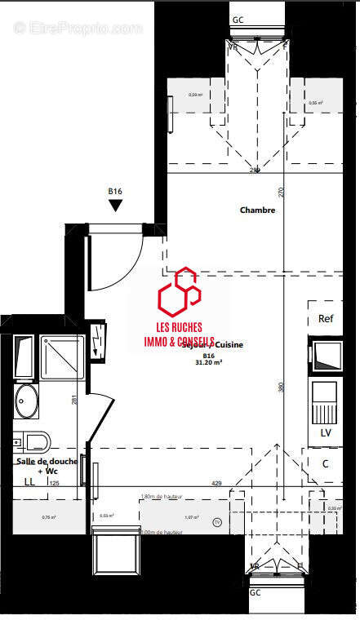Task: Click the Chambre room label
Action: (x=257, y=210)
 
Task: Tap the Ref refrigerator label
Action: (x=326, y=319)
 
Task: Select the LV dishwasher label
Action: (x=326, y=432)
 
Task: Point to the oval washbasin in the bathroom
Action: (x=27, y=401)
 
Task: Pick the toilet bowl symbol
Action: (x=33, y=442)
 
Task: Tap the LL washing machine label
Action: (x=29, y=482)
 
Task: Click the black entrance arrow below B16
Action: (x=115, y=206)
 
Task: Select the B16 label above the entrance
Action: (x=115, y=192)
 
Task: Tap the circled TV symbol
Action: (x=216, y=522)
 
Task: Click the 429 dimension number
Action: (x=217, y=484)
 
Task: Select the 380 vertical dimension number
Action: (x=280, y=388)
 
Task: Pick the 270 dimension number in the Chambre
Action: (x=281, y=193)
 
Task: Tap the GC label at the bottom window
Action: (x=256, y=592)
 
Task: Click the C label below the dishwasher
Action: (x=325, y=463)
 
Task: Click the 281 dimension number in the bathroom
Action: (x=74, y=400)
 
